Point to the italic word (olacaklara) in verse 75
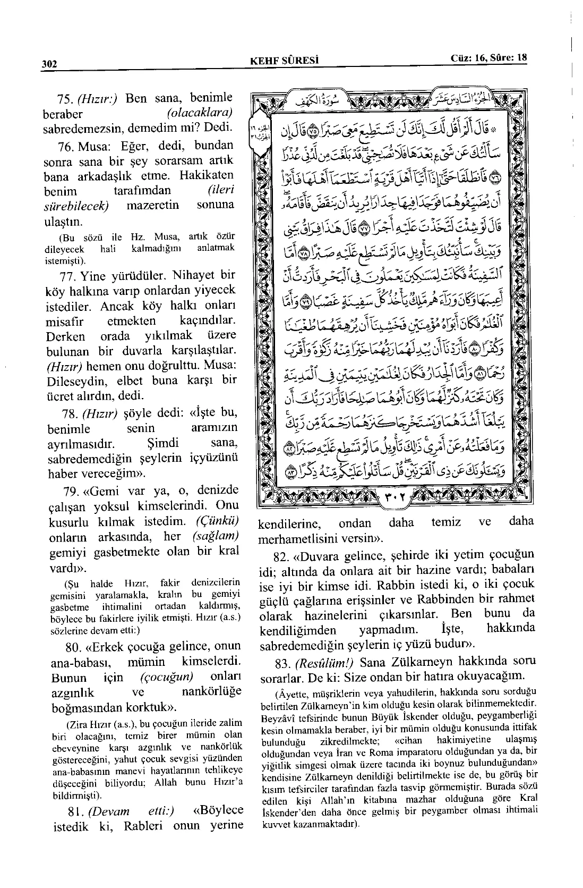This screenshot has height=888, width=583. point(200,113)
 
